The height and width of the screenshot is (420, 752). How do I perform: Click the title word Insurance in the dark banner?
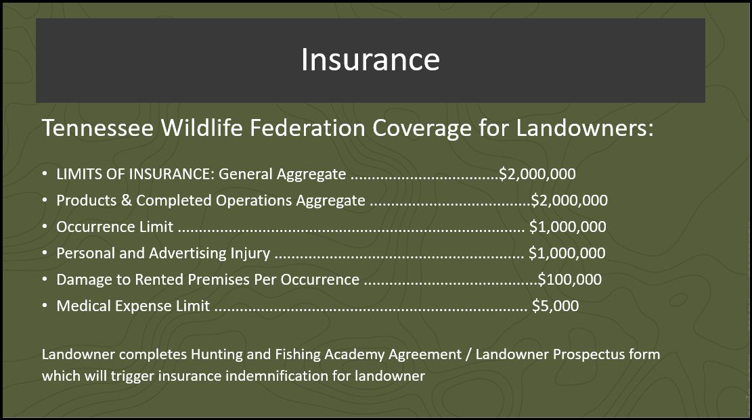coord(370,60)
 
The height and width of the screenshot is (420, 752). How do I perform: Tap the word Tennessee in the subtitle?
coord(98,128)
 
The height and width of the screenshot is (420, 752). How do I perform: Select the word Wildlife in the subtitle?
coord(202,128)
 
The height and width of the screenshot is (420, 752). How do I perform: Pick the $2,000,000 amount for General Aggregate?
coord(537,174)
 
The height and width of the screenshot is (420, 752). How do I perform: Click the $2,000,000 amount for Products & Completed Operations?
coord(569,200)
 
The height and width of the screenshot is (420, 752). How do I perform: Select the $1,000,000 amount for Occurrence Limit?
coord(568,227)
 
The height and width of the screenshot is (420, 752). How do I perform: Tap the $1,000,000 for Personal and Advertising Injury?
coord(567,253)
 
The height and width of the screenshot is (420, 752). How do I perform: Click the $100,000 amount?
coord(570,279)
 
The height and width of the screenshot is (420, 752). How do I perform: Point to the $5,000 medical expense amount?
coord(555,306)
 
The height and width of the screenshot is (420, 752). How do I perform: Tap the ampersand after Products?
coord(126,200)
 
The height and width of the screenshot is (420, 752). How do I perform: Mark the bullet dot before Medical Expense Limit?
coord(45,306)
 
